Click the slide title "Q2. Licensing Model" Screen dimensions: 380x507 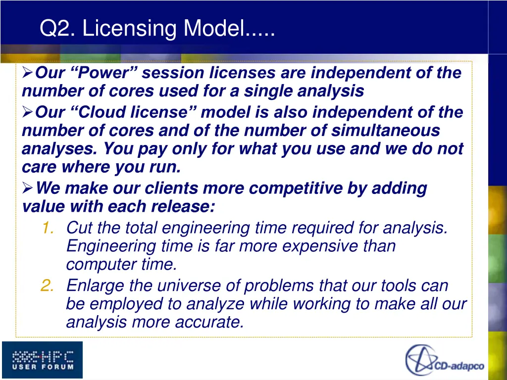157,28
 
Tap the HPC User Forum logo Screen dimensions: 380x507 43,360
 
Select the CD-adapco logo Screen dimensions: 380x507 445,360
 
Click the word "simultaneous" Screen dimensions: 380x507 385,131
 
